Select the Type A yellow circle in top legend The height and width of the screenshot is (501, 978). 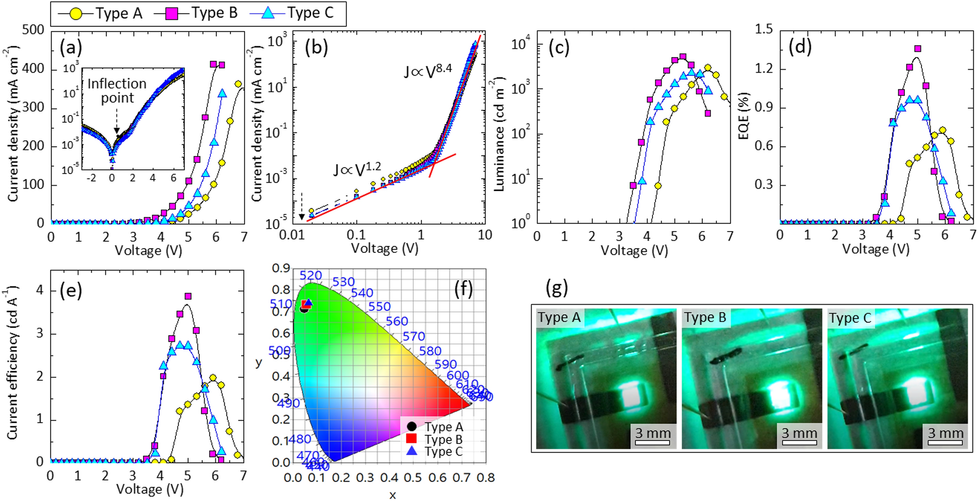(x=76, y=14)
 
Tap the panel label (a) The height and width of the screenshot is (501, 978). (x=71, y=47)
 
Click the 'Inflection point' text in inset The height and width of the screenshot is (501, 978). (x=117, y=91)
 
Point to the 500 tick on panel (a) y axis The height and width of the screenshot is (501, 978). (x=34, y=30)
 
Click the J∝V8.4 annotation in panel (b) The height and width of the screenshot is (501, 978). (x=427, y=71)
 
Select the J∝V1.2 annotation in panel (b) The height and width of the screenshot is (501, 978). (x=357, y=169)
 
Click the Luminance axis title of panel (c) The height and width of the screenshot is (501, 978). (x=499, y=134)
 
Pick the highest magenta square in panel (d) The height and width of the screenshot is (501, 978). (x=918, y=49)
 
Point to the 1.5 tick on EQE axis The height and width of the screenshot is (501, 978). (x=764, y=29)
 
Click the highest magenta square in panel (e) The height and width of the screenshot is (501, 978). (x=188, y=296)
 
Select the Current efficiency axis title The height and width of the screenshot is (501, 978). (x=13, y=363)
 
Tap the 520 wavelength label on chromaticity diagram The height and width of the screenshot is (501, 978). (x=310, y=275)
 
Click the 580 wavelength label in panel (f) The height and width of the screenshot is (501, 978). (x=430, y=351)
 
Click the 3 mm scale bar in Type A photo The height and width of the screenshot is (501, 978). (x=652, y=442)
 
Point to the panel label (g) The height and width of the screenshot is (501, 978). (x=556, y=288)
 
